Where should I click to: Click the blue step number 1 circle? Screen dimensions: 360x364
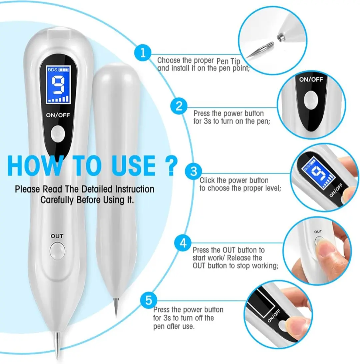[143, 53]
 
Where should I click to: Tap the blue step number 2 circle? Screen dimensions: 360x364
[179, 106]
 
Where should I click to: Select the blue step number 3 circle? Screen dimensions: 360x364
[194, 172]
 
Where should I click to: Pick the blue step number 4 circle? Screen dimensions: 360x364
[183, 243]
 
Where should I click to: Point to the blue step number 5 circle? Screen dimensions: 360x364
[149, 300]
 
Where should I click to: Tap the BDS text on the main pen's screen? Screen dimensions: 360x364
[52, 70]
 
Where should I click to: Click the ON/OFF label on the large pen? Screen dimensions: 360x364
[58, 115]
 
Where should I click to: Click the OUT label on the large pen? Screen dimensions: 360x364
[57, 236]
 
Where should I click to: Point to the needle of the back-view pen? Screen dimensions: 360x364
[116, 308]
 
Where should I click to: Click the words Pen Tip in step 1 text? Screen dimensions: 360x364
[228, 61]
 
